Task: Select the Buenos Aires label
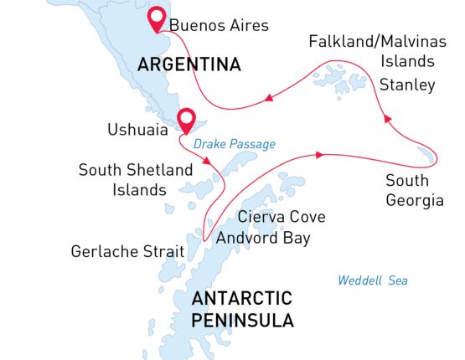(x=219, y=26)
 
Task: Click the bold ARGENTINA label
(x=189, y=64)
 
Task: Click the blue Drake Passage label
(x=235, y=144)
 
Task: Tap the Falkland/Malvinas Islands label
(x=372, y=51)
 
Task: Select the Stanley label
(x=407, y=85)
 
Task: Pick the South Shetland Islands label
(x=122, y=180)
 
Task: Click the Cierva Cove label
(x=282, y=217)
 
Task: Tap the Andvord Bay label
(x=263, y=239)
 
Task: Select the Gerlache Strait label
(x=124, y=250)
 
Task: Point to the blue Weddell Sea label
(x=373, y=280)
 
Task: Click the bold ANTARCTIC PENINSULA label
(x=242, y=309)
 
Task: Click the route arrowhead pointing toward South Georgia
(x=319, y=154)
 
